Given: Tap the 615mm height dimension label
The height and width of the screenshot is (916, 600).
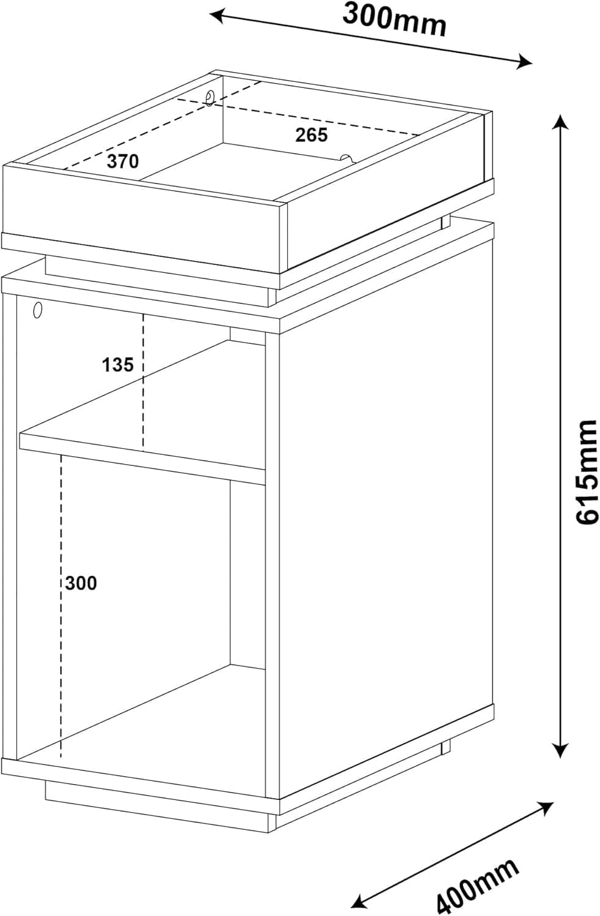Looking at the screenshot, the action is (x=587, y=471).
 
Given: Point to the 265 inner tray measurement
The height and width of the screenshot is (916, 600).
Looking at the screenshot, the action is (x=312, y=135).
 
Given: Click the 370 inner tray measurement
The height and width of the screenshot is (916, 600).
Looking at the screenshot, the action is (x=123, y=162).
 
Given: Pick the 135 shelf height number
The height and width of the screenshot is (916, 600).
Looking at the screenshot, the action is (x=118, y=365).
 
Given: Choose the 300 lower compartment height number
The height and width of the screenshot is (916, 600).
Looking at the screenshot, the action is (x=81, y=583).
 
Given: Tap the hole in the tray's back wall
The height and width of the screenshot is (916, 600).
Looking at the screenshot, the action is (x=210, y=98).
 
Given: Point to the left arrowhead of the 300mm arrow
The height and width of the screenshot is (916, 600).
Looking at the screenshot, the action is (x=218, y=16).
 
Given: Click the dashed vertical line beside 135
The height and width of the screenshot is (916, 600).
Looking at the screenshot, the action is (x=143, y=382).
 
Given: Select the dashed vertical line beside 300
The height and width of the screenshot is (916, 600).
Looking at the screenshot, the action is (x=60, y=605).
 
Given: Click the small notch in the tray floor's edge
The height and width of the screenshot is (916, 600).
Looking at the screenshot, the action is (x=346, y=158).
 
